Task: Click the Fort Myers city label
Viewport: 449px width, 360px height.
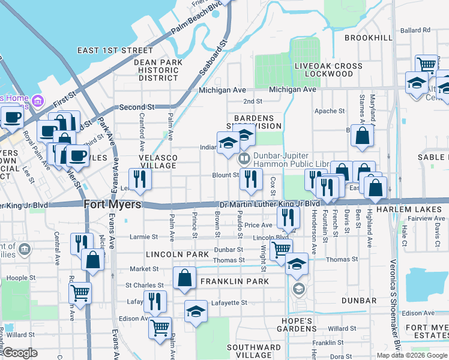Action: (113, 205)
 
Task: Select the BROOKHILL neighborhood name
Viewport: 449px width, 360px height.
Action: (369, 37)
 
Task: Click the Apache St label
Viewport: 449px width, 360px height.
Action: (330, 111)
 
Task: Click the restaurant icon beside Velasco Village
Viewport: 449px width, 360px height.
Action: (140, 179)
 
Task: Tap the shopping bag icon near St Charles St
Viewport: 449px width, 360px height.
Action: (184, 278)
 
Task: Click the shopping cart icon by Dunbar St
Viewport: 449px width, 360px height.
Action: (280, 249)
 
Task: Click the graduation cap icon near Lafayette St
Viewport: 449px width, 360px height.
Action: (196, 311)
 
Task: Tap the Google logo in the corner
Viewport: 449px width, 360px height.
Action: (20, 352)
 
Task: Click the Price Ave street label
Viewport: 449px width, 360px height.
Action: (258, 225)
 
